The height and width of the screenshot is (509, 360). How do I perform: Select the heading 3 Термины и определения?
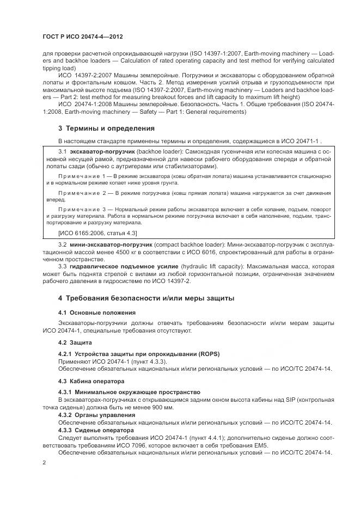pos(106,128)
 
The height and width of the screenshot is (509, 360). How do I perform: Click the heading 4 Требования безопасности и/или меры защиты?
pos(146,298)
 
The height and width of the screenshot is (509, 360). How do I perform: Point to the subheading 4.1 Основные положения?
pos(97,313)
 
